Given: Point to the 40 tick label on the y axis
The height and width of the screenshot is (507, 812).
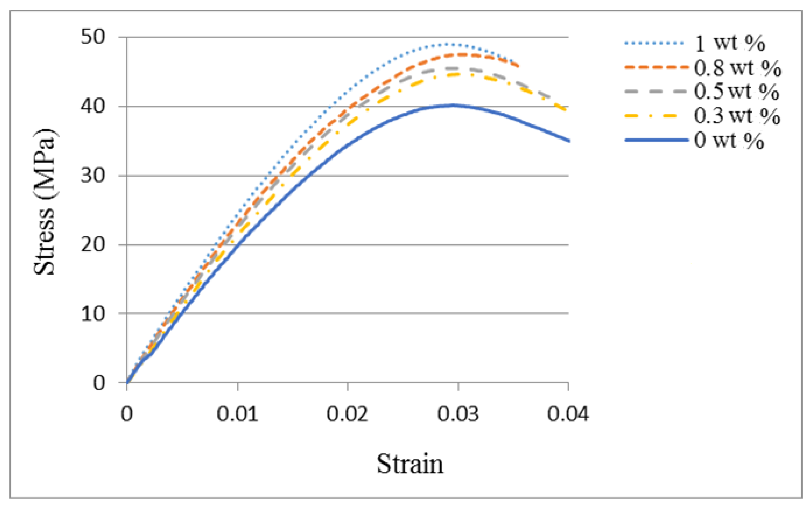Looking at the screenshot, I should pyautogui.click(x=93, y=106).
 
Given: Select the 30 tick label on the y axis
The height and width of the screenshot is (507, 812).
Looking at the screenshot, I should pyautogui.click(x=93, y=175).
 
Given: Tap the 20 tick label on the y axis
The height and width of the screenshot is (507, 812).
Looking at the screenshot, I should pyautogui.click(x=93, y=244).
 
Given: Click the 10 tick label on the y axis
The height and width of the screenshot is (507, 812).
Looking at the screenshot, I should pyautogui.click(x=93, y=313).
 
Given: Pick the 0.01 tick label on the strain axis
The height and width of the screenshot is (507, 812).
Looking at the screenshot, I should pyautogui.click(x=237, y=414).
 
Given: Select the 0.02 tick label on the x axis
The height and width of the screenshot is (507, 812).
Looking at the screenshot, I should pyautogui.click(x=347, y=414).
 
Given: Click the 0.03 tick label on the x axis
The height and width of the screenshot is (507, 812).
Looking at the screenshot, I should pyautogui.click(x=458, y=414).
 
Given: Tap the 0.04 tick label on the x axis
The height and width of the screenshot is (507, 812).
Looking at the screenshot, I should pyautogui.click(x=568, y=414).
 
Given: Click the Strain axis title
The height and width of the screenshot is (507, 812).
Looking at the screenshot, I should pyautogui.click(x=410, y=464).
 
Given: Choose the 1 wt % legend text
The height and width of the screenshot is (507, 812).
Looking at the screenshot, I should pyautogui.click(x=730, y=43).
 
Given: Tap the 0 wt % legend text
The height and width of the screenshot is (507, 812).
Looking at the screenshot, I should pyautogui.click(x=729, y=140).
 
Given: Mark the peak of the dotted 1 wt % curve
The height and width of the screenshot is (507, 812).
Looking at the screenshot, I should pyautogui.click(x=447, y=44).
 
